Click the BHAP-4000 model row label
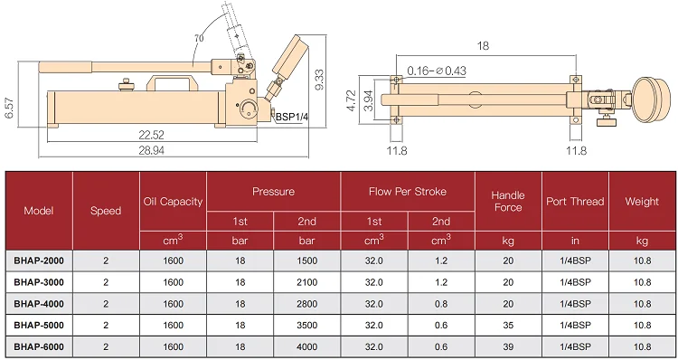tap(39, 304)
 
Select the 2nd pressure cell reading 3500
tap(307, 326)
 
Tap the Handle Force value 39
tap(508, 347)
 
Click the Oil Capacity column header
tap(173, 202)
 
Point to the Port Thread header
tap(575, 202)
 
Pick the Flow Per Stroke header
tap(408, 192)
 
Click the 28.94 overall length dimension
tap(151, 150)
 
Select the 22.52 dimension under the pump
tap(151, 135)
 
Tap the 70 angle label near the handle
tap(199, 39)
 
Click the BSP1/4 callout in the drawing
tap(292, 117)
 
